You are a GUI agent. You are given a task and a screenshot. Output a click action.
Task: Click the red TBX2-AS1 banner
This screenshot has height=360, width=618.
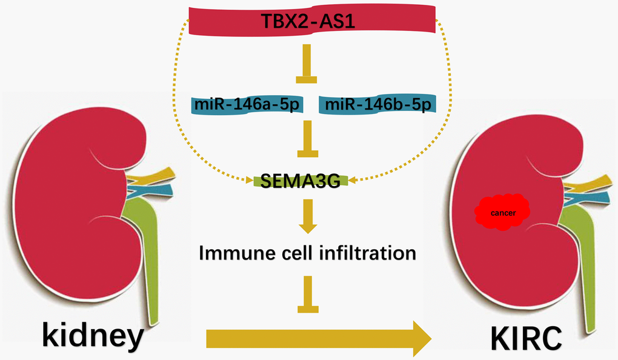(312, 22)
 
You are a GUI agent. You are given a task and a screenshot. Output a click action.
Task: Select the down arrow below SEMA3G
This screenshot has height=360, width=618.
(308, 218)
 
